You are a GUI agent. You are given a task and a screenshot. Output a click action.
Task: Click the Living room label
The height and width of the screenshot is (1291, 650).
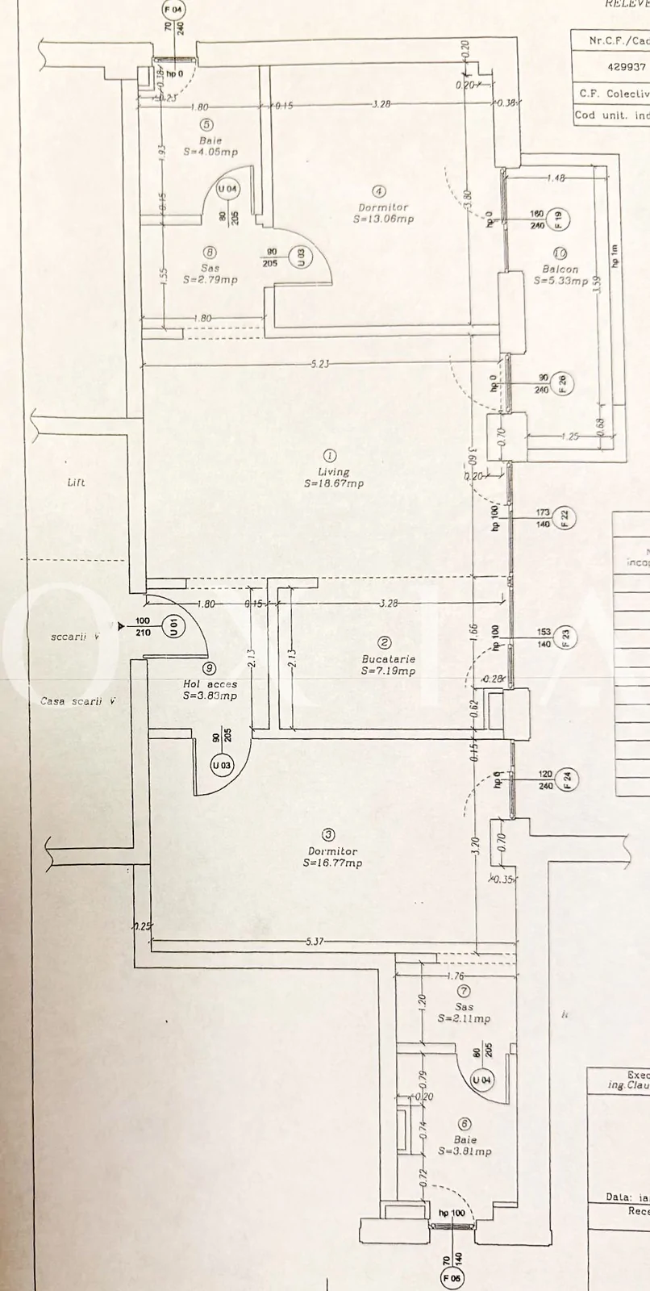pyautogui.click(x=334, y=472)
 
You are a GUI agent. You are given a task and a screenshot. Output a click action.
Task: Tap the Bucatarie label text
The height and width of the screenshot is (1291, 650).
pyautogui.click(x=388, y=659)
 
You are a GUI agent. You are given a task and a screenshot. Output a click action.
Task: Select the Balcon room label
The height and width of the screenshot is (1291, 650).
pyautogui.click(x=560, y=269)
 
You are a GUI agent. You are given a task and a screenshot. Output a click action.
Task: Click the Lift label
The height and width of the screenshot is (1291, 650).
pyautogui.click(x=76, y=483)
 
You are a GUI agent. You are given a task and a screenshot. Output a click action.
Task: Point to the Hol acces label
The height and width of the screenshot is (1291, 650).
pyautogui.click(x=210, y=684)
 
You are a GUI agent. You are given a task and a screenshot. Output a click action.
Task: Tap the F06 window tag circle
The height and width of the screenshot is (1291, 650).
pyautogui.click(x=451, y=1277)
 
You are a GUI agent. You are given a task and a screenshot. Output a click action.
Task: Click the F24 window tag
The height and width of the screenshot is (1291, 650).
pyautogui.click(x=567, y=779)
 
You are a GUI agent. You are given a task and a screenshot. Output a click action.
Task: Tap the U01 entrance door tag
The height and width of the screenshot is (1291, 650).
pyautogui.click(x=172, y=625)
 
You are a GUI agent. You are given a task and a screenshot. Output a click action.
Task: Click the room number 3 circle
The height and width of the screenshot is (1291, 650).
pyautogui.click(x=328, y=835)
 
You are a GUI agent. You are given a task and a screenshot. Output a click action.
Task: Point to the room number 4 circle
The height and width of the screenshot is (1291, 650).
pyautogui.click(x=379, y=192)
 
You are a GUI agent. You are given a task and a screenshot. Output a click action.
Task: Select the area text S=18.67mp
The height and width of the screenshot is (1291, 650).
pyautogui.click(x=334, y=484)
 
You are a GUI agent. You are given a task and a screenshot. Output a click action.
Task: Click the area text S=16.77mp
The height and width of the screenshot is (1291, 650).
pyautogui.click(x=332, y=863)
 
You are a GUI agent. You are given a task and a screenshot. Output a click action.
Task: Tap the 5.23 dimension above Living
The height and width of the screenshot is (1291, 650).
pyautogui.click(x=319, y=364)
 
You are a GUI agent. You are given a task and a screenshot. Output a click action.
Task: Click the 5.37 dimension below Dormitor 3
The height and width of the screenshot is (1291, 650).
pyautogui.click(x=315, y=942)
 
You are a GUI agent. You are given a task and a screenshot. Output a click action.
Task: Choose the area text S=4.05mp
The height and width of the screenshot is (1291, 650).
pyautogui.click(x=210, y=152)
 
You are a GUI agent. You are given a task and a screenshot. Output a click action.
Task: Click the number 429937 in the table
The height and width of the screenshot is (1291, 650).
pyautogui.click(x=626, y=67)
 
